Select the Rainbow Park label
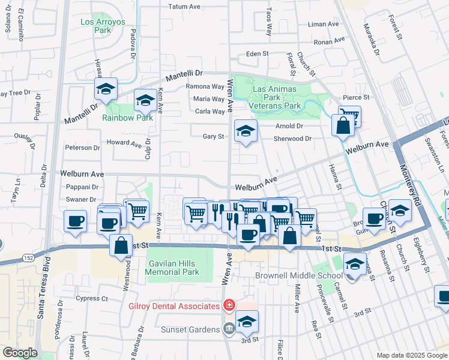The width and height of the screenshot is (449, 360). [x=127, y=117]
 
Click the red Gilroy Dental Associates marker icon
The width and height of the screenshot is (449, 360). [x=228, y=306]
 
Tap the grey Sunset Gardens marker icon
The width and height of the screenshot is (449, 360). [x=229, y=329]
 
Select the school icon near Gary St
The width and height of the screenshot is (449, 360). [x=246, y=131]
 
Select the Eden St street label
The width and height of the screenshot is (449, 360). [x=257, y=54]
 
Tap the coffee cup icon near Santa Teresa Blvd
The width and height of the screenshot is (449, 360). [x=75, y=221]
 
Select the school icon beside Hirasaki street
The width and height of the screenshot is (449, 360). [x=106, y=90]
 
